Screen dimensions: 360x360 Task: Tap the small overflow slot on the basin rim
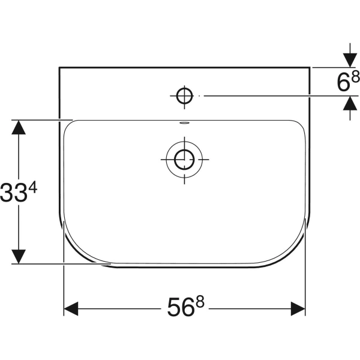tap(184, 123)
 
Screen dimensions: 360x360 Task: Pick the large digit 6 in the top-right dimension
tap(343, 82)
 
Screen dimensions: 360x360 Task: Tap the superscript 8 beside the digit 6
tap(355, 76)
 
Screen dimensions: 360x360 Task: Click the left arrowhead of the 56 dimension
tap(71, 308)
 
